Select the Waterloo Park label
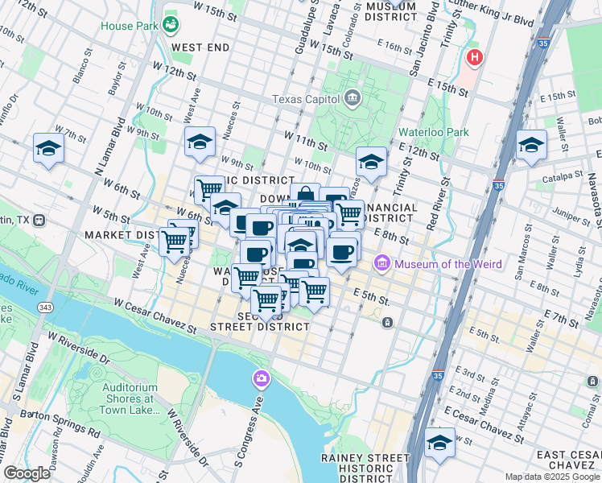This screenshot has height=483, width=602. [433, 132]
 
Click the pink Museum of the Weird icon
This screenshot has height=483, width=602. [382, 264]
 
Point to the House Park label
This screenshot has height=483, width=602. [128, 26]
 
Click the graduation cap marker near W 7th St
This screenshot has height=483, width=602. [48, 149]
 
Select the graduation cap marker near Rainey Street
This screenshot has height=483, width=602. [439, 443]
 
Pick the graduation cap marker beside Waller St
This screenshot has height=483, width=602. [531, 146]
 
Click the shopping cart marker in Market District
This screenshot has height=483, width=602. [174, 241]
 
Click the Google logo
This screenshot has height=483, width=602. [27, 473]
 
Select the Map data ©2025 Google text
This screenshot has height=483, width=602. [551, 476]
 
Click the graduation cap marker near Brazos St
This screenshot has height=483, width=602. [371, 162]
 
